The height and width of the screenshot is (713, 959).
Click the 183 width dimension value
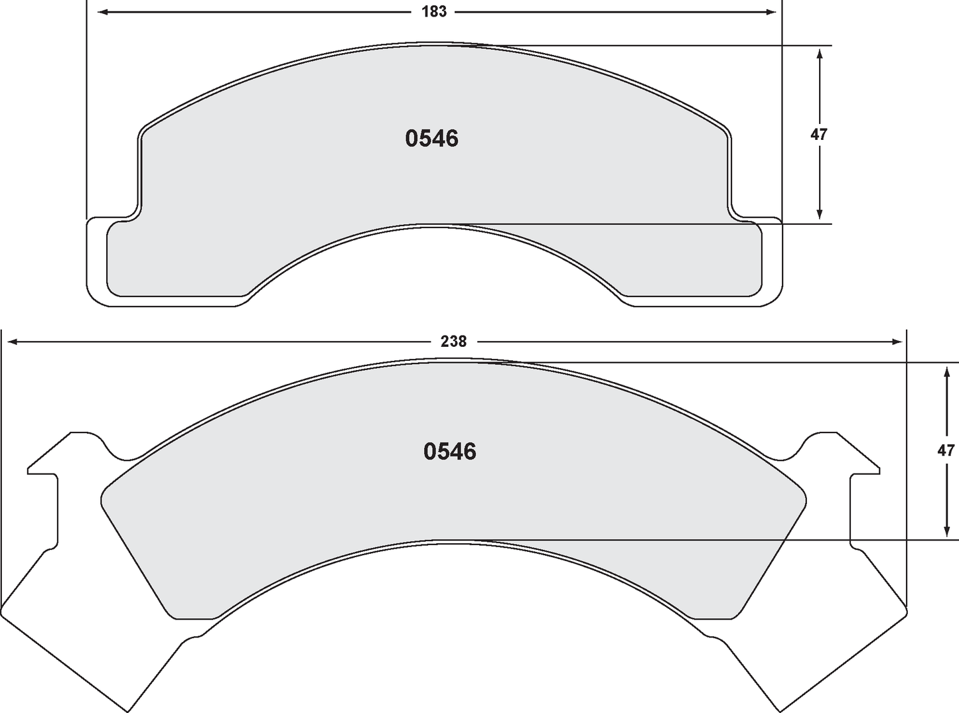coord(434,12)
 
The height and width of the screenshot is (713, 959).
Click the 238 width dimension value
coord(453,342)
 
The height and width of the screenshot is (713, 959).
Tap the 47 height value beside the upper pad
coord(819,135)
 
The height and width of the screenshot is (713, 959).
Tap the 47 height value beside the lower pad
coord(946,450)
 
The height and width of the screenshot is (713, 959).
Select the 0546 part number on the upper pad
coord(431,139)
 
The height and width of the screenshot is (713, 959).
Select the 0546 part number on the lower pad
coord(449,452)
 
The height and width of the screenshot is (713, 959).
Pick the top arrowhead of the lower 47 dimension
coord(946,373)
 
